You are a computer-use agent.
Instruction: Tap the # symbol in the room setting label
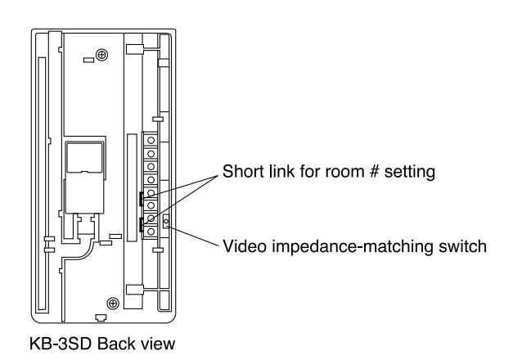tap(374, 172)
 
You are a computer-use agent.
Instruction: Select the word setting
tap(410, 173)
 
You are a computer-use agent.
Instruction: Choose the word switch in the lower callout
tap(462, 246)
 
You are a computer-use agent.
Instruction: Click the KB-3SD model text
tap(60, 344)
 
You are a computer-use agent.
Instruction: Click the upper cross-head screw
tap(101, 55)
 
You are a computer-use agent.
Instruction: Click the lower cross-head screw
tap(113, 304)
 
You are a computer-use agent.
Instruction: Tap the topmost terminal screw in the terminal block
tap(151, 140)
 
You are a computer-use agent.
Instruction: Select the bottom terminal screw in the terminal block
tap(151, 232)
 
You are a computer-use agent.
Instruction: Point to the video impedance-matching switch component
tap(166, 221)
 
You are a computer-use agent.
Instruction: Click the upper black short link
tap(141, 199)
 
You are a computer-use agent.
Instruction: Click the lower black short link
tap(141, 224)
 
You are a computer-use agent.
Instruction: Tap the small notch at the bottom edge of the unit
tap(101, 318)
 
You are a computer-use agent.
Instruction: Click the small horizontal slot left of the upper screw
tap(88, 61)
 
